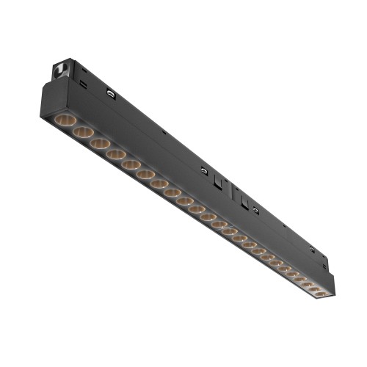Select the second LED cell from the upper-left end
[x=83, y=132]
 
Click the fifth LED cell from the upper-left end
[x=131, y=165]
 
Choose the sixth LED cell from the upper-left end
[x=146, y=175]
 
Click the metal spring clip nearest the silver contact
[x=111, y=94]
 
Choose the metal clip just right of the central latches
[x=255, y=211]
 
